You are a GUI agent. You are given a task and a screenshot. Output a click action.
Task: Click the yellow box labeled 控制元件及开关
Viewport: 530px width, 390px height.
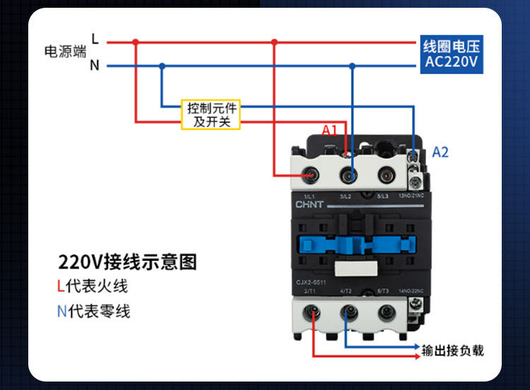[211, 115]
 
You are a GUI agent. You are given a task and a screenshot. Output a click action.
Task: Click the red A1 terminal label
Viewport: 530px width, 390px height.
[330, 130]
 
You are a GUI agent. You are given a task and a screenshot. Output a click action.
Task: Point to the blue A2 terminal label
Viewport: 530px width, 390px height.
[440, 152]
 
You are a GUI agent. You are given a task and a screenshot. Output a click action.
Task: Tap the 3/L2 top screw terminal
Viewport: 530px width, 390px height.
[348, 174]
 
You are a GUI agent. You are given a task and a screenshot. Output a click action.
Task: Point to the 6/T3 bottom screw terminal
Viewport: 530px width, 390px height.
[384, 312]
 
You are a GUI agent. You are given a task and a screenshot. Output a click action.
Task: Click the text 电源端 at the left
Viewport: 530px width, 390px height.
[65, 52]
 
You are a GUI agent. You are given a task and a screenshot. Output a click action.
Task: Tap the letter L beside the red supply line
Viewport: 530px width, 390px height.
[95, 40]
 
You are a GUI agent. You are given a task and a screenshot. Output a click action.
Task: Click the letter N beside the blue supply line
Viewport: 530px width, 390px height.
[94, 66]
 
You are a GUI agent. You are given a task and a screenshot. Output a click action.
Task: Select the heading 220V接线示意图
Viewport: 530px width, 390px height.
[127, 262]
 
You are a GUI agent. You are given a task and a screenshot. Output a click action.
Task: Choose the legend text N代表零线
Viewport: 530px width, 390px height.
[93, 311]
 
